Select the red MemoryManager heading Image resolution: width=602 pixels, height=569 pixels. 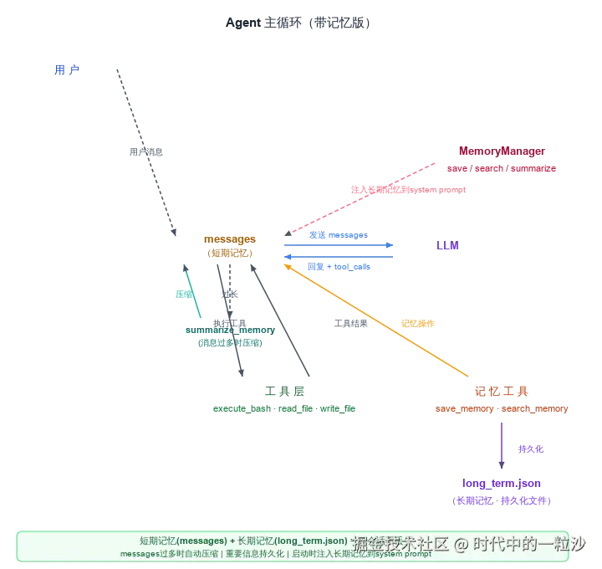[502, 152]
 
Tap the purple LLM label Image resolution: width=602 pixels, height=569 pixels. [447, 247]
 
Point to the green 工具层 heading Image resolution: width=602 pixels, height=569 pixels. [284, 392]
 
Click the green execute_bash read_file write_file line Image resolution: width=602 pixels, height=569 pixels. [284, 409]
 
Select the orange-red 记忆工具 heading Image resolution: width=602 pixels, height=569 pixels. [502, 392]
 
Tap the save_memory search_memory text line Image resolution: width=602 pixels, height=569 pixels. [502, 409]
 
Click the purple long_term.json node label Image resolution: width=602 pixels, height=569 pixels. [502, 484]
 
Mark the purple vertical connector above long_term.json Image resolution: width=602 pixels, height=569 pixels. [501, 445]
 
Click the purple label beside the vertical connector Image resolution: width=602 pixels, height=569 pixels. [531, 449]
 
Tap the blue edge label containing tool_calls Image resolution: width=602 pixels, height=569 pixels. [340, 266]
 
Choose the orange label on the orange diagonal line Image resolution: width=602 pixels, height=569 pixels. [418, 322]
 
